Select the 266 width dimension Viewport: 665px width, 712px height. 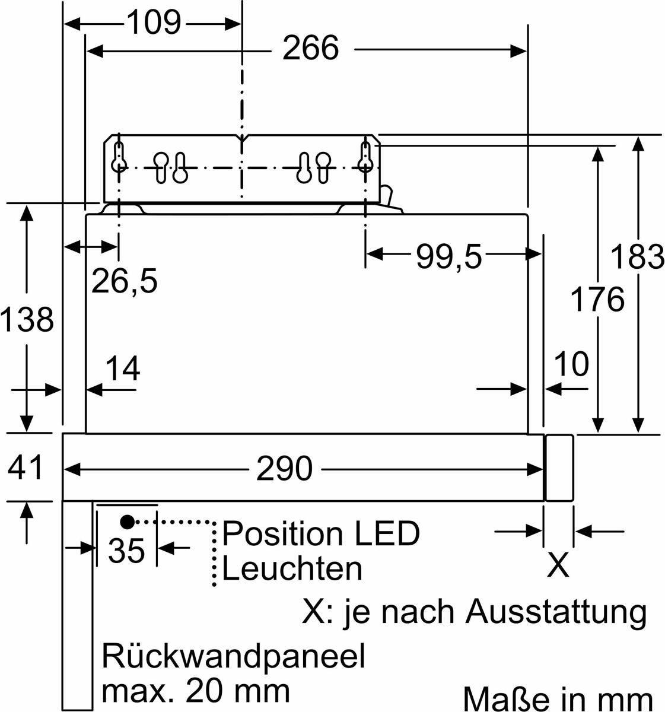coord(310,48)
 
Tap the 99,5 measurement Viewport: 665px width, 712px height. coord(448,256)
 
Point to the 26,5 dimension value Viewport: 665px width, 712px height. coord(125,281)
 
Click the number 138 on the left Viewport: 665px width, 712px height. coord(27,319)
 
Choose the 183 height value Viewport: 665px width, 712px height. coord(638,257)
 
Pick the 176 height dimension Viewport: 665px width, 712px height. coord(597,299)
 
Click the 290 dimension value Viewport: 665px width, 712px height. coord(284,469)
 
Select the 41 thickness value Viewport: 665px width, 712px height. coord(26,466)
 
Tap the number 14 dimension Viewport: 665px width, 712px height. coord(122,369)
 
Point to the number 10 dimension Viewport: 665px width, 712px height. coord(571,364)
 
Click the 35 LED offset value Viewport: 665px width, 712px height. coord(126,551)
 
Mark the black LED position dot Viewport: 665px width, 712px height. coord(127,522)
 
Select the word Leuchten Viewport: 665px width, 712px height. coord(292,569)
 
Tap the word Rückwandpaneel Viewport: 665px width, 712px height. coord(233,656)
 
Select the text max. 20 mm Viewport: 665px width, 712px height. coord(196,691)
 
